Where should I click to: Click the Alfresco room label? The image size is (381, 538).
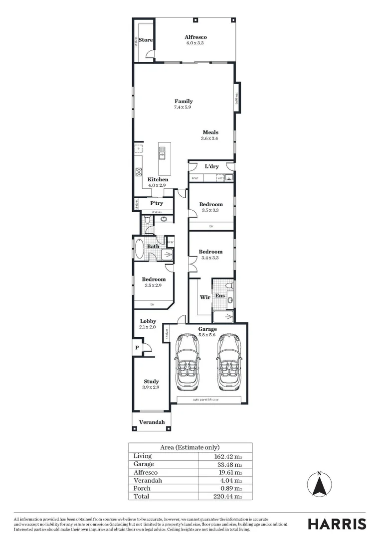click(x=195, y=37)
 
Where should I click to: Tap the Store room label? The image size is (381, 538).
click(x=145, y=40)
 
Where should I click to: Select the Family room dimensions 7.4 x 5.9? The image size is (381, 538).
click(x=183, y=107)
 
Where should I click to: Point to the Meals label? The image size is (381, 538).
click(x=210, y=133)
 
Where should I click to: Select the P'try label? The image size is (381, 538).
click(x=157, y=203)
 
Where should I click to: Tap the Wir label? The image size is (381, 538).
click(x=204, y=297)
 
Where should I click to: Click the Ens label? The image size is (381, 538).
click(x=219, y=296)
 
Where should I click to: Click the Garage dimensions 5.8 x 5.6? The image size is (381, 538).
click(x=207, y=335)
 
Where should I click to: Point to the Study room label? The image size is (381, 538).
click(x=151, y=382)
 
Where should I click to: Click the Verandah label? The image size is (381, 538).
click(x=152, y=422)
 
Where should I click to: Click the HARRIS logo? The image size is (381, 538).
click(x=337, y=524)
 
